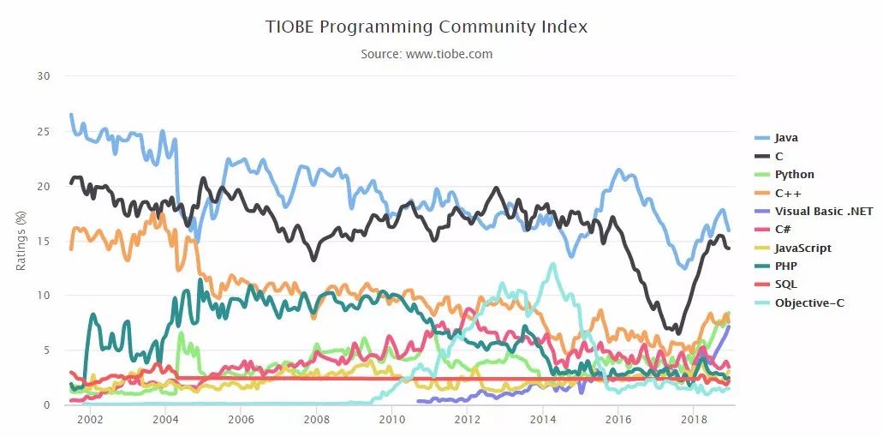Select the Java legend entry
point(786,137)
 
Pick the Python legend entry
point(794,174)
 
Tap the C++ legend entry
point(788,193)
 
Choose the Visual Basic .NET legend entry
point(823,211)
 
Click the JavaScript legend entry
point(802,248)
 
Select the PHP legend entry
point(785,266)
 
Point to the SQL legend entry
point(785,284)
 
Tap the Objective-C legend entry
point(809,302)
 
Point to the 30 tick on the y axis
point(44,76)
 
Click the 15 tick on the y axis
point(44,241)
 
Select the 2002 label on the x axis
point(90,421)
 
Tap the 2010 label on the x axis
point(391,421)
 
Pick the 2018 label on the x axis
point(693,421)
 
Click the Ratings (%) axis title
point(22,240)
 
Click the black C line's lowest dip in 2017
point(678,332)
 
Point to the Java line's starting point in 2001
point(71,115)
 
